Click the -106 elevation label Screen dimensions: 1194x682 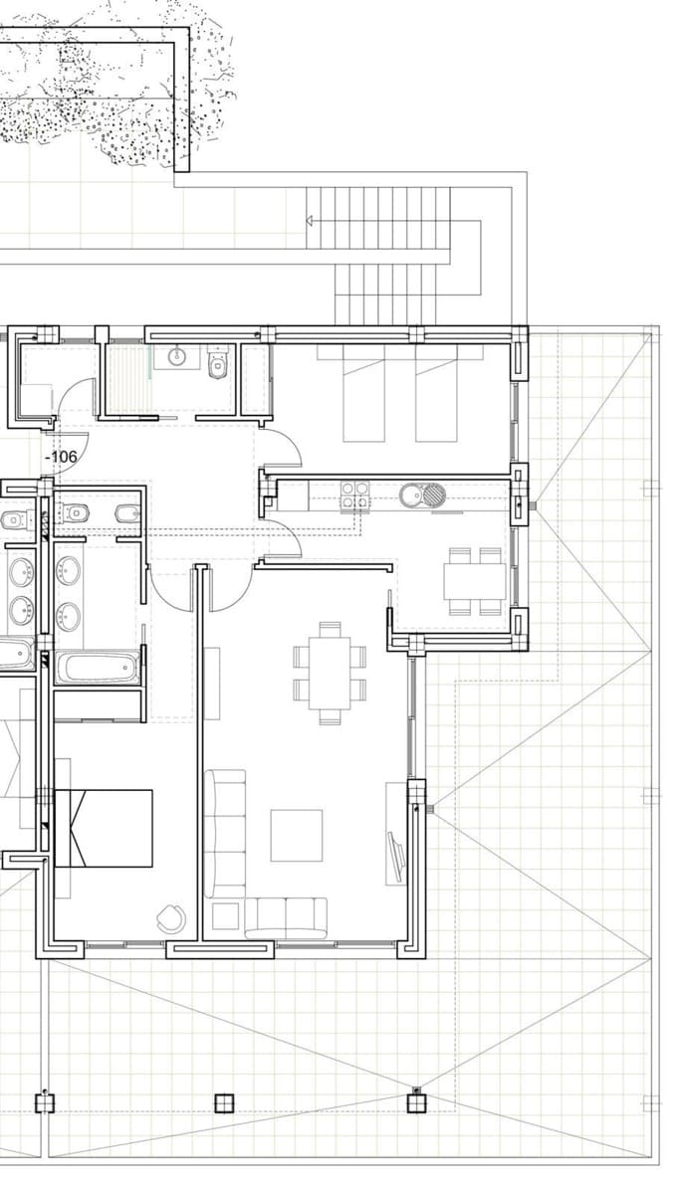pyautogui.click(x=63, y=457)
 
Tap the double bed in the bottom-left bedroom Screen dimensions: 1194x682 pyautogui.click(x=104, y=828)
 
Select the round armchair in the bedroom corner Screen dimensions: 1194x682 pyautogui.click(x=170, y=918)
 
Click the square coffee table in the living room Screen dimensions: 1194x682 pyautogui.click(x=297, y=835)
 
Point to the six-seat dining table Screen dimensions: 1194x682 pyautogui.click(x=330, y=672)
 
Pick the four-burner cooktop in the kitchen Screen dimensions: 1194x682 pyautogui.click(x=355, y=495)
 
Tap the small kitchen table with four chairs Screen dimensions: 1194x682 pyautogui.click(x=475, y=580)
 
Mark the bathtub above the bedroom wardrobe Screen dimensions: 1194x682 pyautogui.click(x=97, y=667)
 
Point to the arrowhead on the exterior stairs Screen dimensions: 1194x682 pyautogui.click(x=311, y=220)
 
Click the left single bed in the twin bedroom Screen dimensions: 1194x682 pyautogui.click(x=363, y=393)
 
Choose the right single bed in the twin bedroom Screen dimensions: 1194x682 pyautogui.click(x=436, y=393)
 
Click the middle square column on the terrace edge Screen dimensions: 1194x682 pyautogui.click(x=223, y=1102)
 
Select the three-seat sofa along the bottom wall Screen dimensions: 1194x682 pyautogui.click(x=286, y=915)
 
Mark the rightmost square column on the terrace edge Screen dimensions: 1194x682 pyautogui.click(x=416, y=1102)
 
